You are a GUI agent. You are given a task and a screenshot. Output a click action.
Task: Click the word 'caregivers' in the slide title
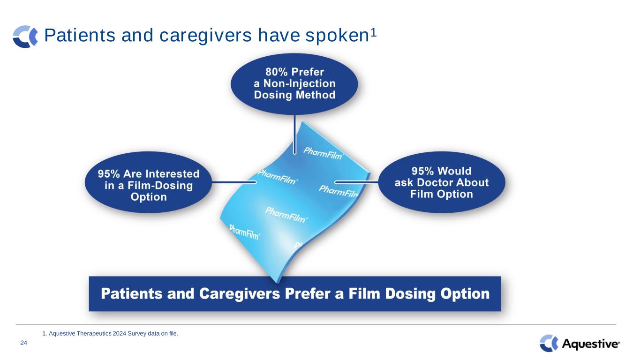(205, 36)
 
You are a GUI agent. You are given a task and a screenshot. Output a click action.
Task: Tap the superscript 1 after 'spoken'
(373, 33)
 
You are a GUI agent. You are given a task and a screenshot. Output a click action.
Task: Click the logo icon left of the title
(25, 37)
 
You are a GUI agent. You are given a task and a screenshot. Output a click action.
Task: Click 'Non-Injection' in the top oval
(300, 83)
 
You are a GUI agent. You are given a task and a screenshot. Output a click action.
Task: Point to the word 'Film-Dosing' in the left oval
(160, 186)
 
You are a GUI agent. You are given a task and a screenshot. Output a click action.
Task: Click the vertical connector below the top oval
(294, 134)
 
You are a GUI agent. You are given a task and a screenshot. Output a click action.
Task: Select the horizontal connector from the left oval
(234, 182)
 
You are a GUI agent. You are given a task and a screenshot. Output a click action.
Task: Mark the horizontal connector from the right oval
(356, 182)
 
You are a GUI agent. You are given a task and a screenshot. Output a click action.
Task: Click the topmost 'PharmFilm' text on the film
(323, 153)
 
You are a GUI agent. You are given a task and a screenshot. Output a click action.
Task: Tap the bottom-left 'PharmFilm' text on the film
(245, 232)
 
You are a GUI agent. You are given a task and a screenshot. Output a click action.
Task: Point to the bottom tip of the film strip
(277, 282)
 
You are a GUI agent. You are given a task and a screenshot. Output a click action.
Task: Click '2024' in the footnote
(120, 334)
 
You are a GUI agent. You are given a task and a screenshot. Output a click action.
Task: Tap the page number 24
(24, 343)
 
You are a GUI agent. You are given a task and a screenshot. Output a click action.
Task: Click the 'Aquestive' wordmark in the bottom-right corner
(591, 344)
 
